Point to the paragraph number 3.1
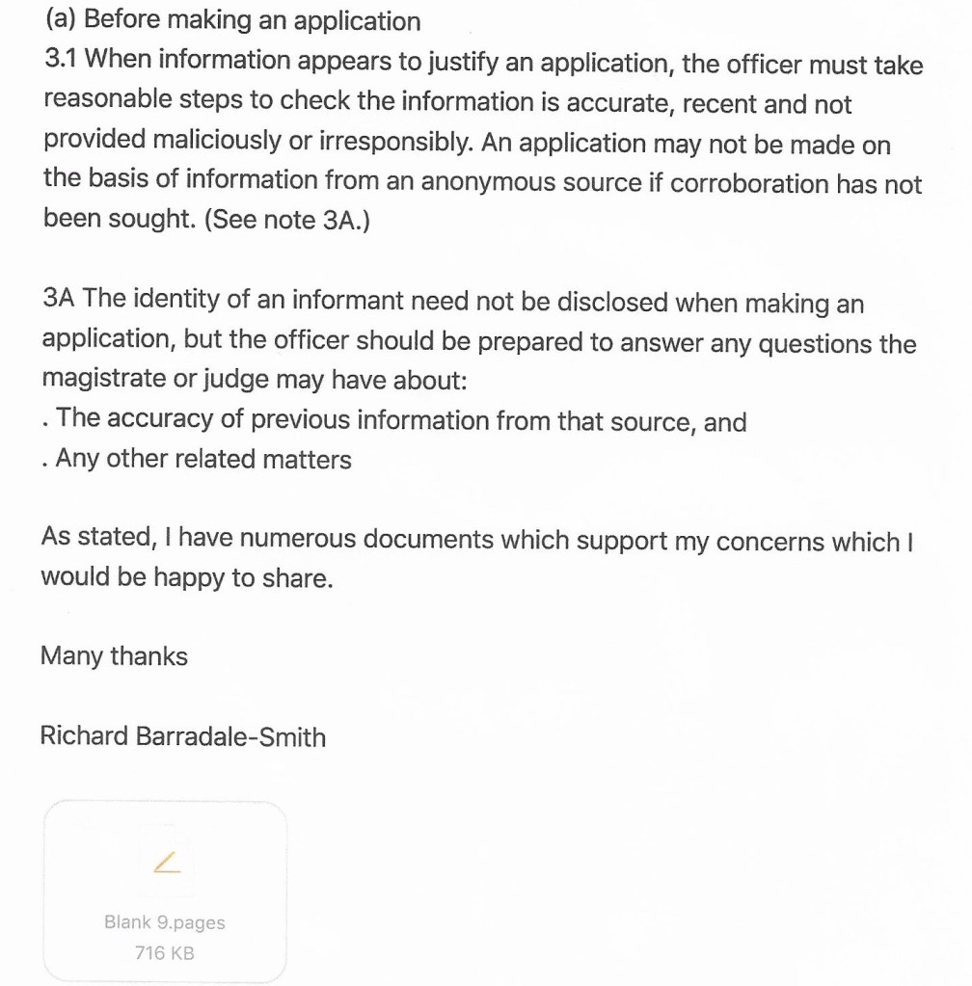63,61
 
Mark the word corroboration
747,182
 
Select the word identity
168,300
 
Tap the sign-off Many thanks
114,656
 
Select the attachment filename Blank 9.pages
165,922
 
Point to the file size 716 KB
165,953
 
